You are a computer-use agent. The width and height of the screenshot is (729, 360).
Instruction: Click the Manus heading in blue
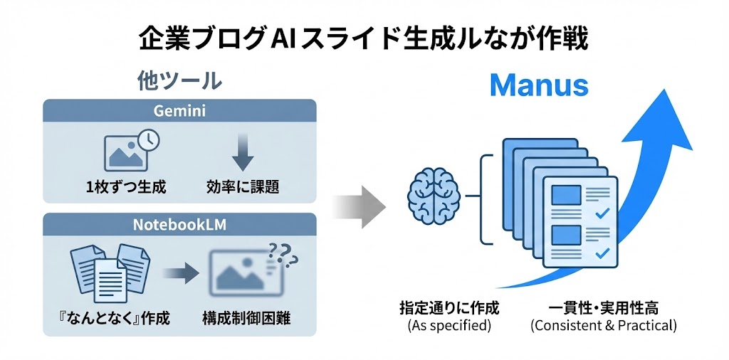(539, 85)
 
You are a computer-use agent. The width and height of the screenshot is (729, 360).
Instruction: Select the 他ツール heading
(179, 80)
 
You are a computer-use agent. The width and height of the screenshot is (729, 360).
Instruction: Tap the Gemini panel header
(179, 111)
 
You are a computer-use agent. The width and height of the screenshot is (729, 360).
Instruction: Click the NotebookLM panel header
(179, 225)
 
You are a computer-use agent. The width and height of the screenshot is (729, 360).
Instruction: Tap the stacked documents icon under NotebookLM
(108, 271)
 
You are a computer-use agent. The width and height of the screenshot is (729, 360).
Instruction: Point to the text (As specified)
(449, 326)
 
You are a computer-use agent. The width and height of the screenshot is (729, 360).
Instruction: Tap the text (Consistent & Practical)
(604, 326)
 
